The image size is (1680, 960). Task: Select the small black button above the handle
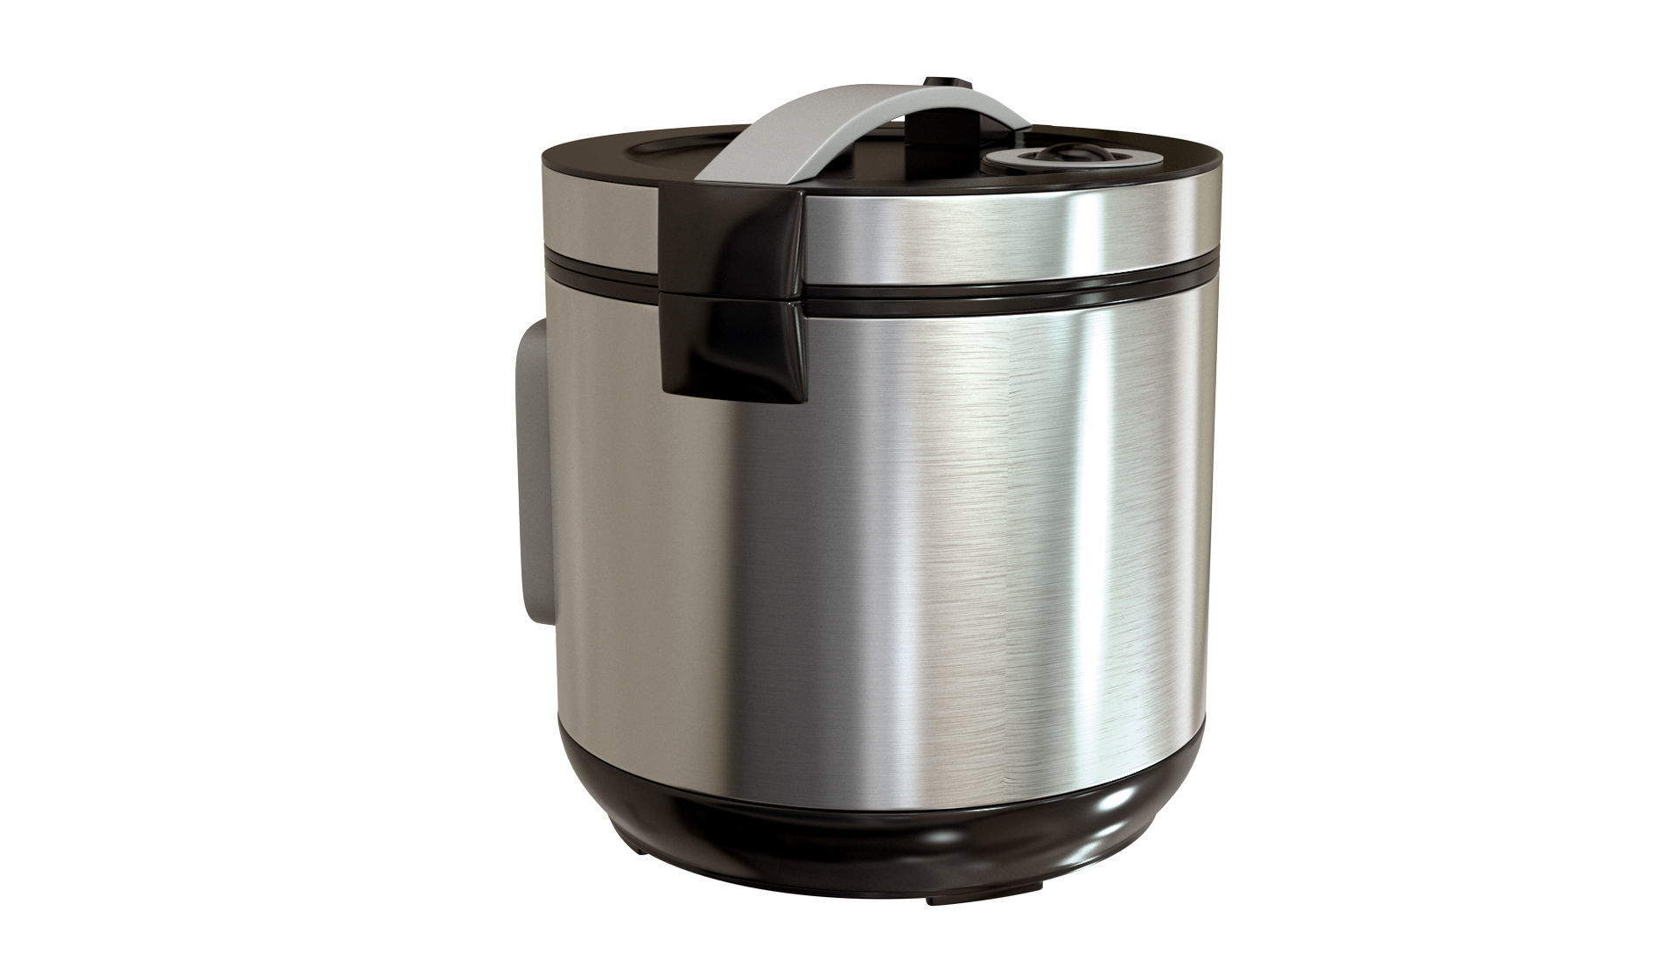(948, 84)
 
